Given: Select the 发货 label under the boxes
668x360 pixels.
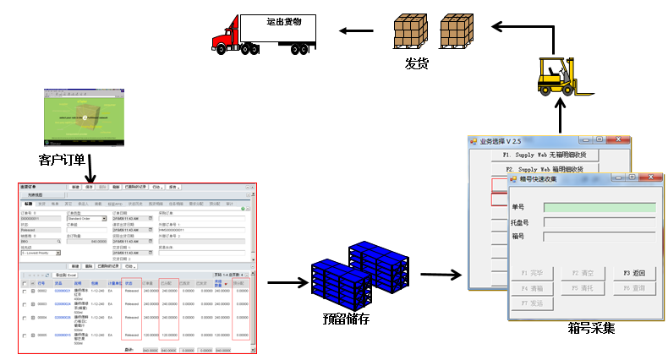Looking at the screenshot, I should [x=417, y=63].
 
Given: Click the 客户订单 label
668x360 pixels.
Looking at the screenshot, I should [x=63, y=158].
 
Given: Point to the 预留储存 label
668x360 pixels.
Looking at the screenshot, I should [x=346, y=319].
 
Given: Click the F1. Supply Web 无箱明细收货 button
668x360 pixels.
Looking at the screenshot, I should [x=550, y=155].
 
